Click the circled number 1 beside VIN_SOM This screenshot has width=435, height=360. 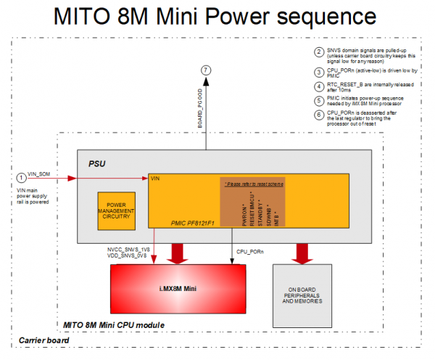[x=21, y=177]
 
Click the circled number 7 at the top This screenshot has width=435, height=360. [x=207, y=70]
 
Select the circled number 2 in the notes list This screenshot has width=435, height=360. [x=318, y=52]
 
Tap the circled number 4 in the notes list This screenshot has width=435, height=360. [x=318, y=86]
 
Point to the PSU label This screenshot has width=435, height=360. [x=98, y=164]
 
